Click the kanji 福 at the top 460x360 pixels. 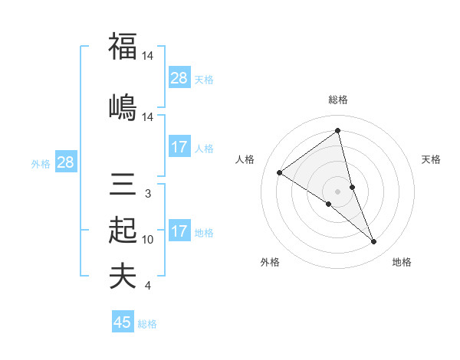[123, 47]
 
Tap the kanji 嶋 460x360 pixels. [123, 106]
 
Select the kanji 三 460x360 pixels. [123, 185]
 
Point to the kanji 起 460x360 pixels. [123, 230]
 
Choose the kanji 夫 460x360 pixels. [123, 276]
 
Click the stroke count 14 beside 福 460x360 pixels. [149, 56]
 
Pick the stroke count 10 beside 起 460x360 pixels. [148, 240]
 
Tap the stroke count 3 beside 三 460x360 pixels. [147, 195]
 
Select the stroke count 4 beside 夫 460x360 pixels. [147, 286]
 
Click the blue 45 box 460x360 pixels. [123, 322]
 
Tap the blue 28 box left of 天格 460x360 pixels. [179, 78]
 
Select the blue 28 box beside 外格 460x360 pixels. [65, 162]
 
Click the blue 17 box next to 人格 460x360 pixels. [179, 147]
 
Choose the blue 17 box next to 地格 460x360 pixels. [179, 231]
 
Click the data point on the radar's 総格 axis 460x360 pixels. [338, 130]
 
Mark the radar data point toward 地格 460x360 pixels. [374, 242]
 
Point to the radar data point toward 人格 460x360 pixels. [280, 172]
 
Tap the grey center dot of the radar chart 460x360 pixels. [338, 191]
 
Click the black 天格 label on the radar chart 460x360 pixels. [431, 159]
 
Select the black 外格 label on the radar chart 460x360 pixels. [270, 262]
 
